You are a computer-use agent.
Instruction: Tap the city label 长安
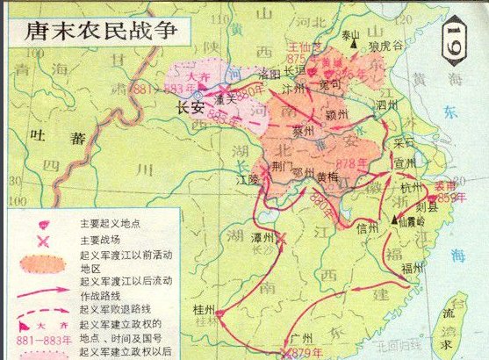(191, 109)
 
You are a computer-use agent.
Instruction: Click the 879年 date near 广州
(304, 353)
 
